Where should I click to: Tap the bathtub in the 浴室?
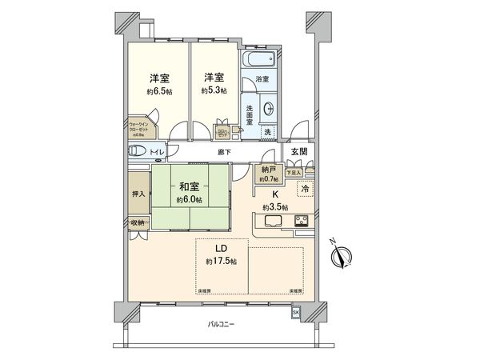[259, 59]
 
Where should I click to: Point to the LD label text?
[218, 248]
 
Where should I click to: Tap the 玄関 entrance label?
[298, 152]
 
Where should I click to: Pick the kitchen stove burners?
[302, 221]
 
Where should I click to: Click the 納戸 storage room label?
[266, 169]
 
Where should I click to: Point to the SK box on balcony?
[295, 311]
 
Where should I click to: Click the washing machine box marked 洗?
[268, 131]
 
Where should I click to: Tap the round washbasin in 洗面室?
[267, 108]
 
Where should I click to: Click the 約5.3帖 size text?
[212, 92]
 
